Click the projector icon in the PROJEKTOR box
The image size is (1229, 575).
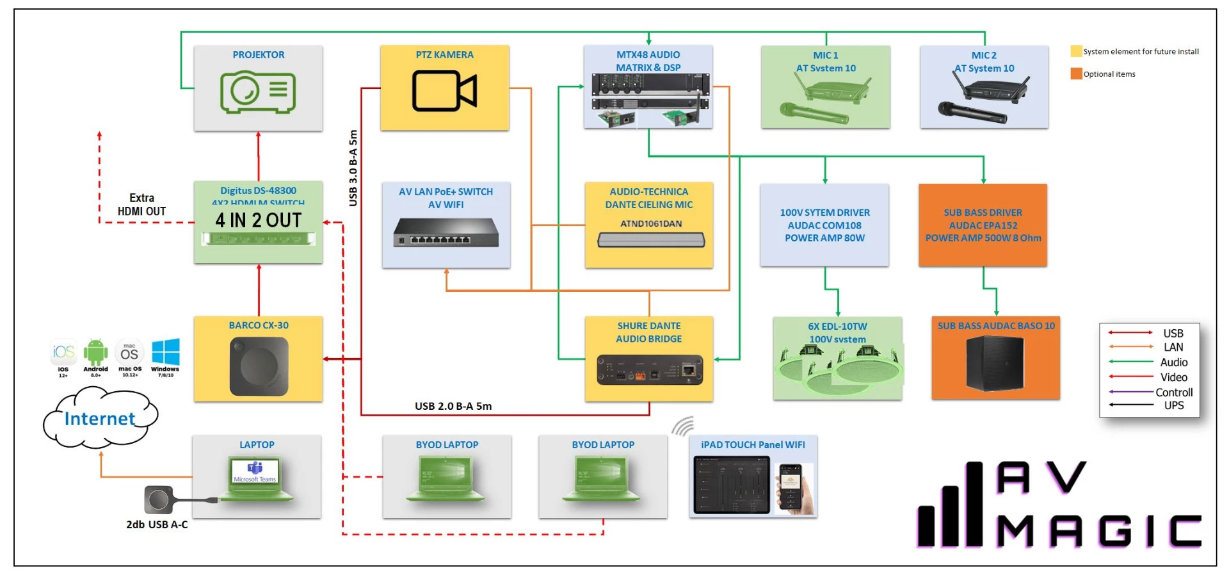click(258, 92)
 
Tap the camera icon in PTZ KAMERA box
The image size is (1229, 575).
click(444, 91)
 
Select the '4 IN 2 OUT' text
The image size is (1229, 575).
click(258, 220)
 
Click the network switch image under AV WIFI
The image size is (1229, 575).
click(446, 232)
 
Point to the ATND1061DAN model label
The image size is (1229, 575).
click(650, 223)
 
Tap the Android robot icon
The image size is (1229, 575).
click(95, 352)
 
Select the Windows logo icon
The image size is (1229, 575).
click(165, 352)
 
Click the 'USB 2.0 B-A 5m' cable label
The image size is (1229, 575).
click(453, 406)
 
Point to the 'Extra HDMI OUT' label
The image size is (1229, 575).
click(141, 205)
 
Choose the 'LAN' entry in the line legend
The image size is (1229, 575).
click(1173, 347)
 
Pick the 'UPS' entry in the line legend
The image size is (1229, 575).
click(1173, 405)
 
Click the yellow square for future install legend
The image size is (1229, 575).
click(1076, 51)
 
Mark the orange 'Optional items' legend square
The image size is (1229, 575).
click(1076, 74)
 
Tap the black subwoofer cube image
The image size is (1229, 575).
click(994, 363)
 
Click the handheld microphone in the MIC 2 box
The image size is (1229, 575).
click(972, 113)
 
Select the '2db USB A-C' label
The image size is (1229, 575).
click(157, 524)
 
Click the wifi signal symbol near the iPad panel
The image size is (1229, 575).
click(684, 426)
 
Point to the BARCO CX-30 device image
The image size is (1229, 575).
click(259, 366)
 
